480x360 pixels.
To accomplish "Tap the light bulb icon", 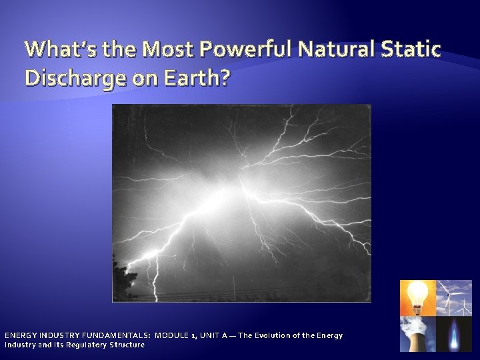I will pos(417,297).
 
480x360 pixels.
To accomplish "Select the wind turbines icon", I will pos(454,297).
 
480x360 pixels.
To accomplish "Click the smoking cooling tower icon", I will pos(417,333).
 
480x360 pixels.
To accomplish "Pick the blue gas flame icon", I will pos(454,333).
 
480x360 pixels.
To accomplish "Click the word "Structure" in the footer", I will pos(128,345).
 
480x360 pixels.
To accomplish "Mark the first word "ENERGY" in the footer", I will pos(22,335).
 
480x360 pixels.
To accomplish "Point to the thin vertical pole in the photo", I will pos(234,287).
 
